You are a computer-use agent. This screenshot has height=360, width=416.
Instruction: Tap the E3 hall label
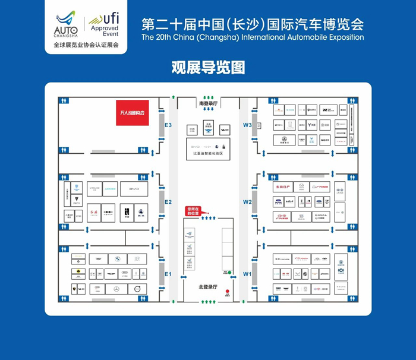(x=168, y=126)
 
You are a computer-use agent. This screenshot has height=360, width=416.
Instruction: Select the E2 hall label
(x=168, y=202)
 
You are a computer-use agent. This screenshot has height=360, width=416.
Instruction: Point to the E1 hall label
(x=168, y=274)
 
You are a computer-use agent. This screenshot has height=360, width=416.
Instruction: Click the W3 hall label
(x=247, y=125)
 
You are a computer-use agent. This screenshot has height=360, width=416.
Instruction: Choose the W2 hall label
(x=247, y=202)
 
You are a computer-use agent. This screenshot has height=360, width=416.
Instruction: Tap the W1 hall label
(x=247, y=274)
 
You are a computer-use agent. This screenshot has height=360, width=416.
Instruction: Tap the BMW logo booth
(x=116, y=258)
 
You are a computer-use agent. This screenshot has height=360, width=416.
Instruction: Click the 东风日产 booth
(x=285, y=187)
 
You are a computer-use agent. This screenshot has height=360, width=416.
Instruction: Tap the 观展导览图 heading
(x=208, y=67)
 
